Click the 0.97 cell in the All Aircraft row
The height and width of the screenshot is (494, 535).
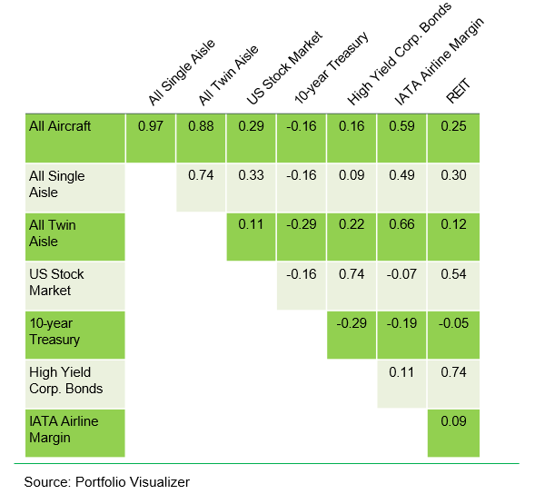pos(150,126)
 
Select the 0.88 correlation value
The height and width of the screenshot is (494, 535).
pos(200,126)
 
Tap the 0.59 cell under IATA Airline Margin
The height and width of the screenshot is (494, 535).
pos(401,126)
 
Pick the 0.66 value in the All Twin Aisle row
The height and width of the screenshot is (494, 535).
pos(401,224)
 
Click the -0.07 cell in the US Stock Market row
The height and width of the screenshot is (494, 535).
pos(401,273)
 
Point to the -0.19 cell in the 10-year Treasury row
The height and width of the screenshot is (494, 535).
pos(401,322)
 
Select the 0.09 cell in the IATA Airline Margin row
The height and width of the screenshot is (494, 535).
pos(451,420)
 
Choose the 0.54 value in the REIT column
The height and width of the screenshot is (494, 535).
pos(451,273)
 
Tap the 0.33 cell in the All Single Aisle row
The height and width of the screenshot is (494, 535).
pos(250,175)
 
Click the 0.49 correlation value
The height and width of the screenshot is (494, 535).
pos(401,175)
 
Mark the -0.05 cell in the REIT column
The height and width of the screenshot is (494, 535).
pos(451,322)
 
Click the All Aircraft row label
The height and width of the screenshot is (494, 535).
pos(61,126)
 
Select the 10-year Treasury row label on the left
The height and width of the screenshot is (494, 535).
pos(55,332)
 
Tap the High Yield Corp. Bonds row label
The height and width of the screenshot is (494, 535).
pos(66,380)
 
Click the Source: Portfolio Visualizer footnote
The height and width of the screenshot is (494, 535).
pos(107,482)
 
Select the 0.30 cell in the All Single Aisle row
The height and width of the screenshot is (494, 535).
pos(451,175)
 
